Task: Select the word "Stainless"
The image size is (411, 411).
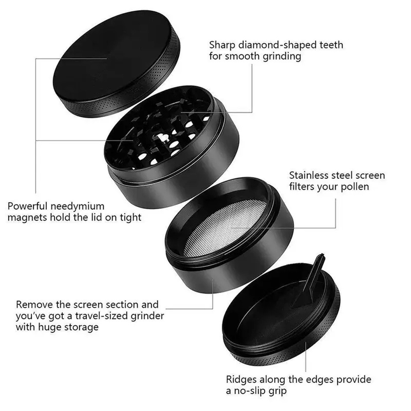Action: click(x=309, y=175)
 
